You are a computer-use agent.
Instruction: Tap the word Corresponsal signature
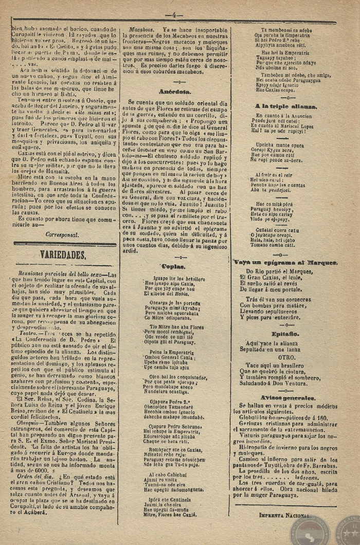[x=62, y=234]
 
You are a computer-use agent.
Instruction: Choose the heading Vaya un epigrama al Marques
[x=285, y=262]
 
